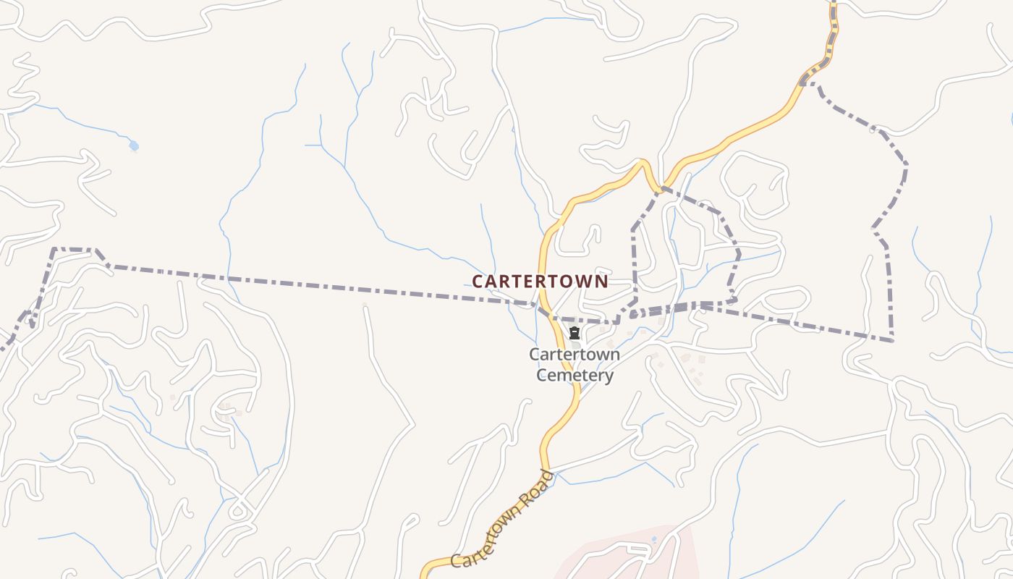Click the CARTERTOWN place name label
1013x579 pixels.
point(540,282)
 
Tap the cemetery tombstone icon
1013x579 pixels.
point(575,334)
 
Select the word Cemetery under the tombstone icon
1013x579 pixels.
point(575,375)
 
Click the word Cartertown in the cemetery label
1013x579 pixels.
point(575,355)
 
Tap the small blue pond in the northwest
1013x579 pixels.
point(134,146)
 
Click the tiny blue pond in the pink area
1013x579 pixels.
point(654,539)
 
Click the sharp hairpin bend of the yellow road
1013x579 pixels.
point(643,164)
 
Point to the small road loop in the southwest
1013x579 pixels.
point(237,510)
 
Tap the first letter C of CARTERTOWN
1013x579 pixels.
point(478,282)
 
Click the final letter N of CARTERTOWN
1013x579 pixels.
point(602,282)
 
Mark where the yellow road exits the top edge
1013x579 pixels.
point(833,2)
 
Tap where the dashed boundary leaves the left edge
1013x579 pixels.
point(2,349)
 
